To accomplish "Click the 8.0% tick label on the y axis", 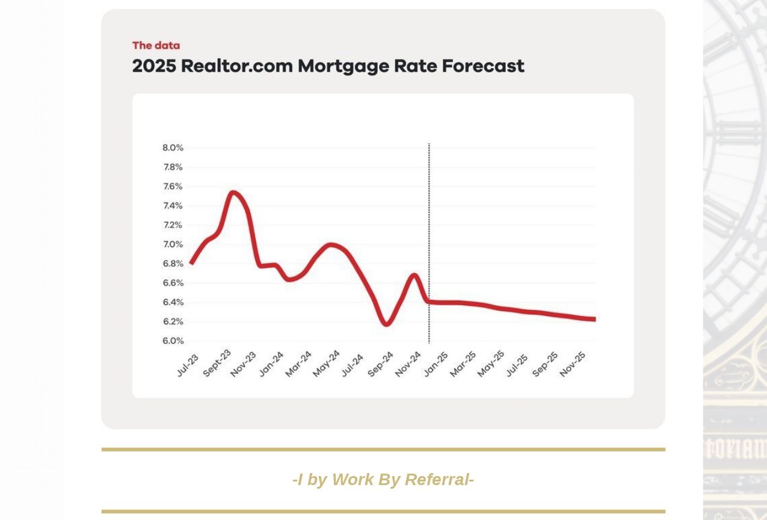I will [x=173, y=148].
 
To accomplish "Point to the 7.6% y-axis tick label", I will [x=173, y=187].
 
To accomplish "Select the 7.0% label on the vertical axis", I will [x=173, y=244].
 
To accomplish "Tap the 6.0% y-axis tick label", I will [x=173, y=341].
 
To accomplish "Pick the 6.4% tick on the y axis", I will [x=173, y=302].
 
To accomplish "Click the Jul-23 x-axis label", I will [x=187, y=365].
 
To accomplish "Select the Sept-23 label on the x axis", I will [x=217, y=364].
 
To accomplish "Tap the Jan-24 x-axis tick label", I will [x=271, y=364].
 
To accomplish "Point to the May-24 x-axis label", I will [x=326, y=364].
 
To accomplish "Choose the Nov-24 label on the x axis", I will [x=408, y=364].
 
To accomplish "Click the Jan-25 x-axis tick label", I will [x=436, y=364].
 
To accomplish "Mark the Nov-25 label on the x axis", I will [x=572, y=364].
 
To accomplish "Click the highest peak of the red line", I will [x=233, y=193].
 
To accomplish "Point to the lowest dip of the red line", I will [x=386, y=324].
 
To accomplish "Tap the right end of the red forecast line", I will [x=594, y=320].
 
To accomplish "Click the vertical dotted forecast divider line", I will [x=429, y=241].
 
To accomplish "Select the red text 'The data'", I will [x=156, y=45].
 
